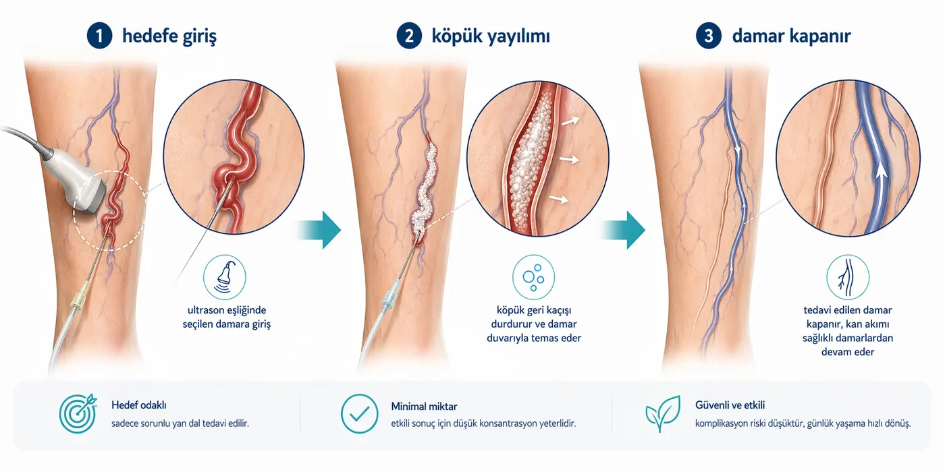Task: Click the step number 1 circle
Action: point(99,36)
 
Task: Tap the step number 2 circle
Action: point(408,36)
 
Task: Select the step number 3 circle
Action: point(709,36)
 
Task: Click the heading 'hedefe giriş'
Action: point(169,36)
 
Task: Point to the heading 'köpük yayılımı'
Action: point(491,36)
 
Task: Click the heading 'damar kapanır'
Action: point(791,36)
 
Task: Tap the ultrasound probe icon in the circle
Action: point(225,276)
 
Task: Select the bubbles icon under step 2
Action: point(533,276)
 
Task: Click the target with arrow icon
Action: point(78,413)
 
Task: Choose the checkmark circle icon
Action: point(359,413)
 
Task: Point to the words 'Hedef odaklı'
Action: point(139,405)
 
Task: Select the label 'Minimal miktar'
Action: point(424,407)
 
